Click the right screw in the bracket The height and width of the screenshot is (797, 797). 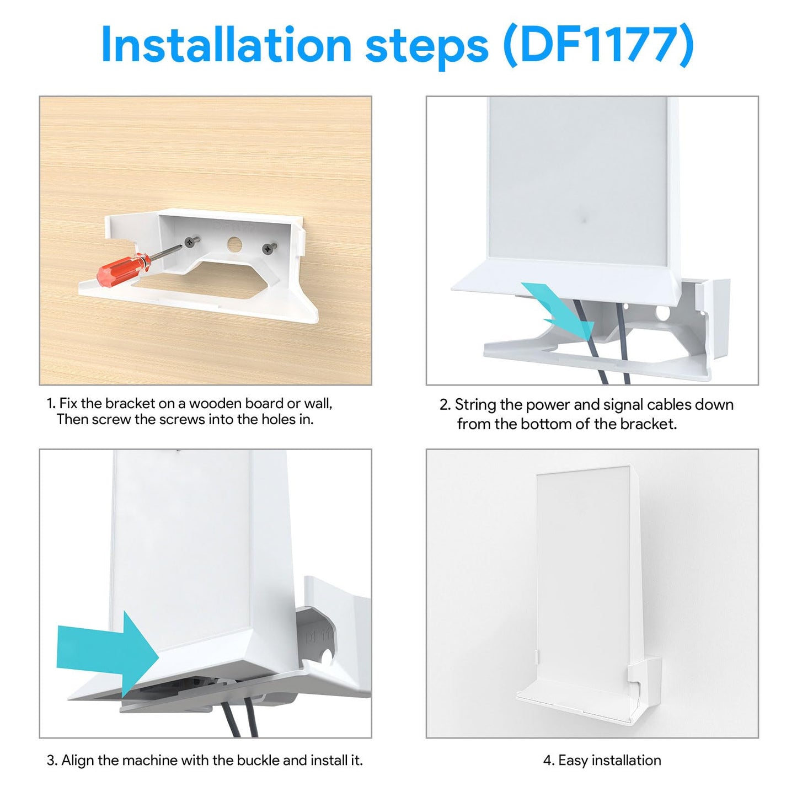pos(269,248)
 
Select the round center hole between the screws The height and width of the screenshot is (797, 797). pos(234,243)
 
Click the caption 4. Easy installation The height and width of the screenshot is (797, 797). pos(602,761)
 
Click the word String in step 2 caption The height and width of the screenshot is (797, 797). pos(475,405)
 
